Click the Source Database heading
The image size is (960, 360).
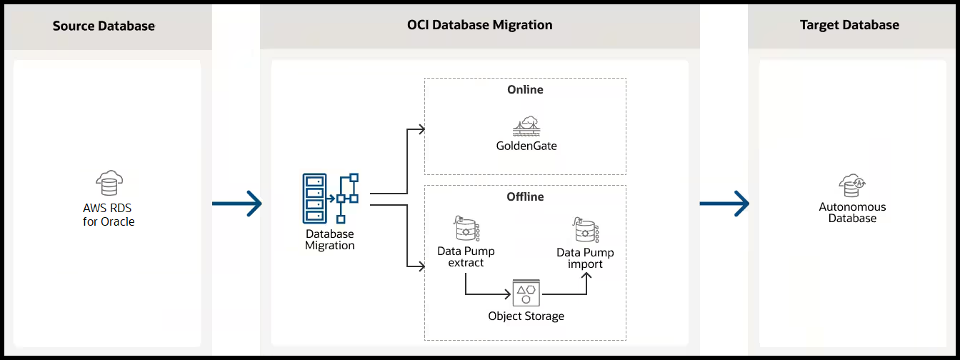[104, 26]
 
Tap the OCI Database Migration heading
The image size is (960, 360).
[479, 25]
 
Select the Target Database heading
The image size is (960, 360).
[849, 25]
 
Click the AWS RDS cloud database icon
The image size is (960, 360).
[109, 184]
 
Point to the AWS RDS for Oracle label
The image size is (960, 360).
[109, 214]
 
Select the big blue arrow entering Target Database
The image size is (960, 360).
[724, 204]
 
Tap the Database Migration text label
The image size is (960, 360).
[330, 239]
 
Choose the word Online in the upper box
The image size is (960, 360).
[525, 90]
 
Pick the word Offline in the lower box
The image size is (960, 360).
[525, 196]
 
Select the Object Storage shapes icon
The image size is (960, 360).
[526, 294]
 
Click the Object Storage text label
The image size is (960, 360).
[526, 316]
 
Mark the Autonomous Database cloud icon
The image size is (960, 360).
[852, 185]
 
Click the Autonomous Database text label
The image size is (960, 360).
[852, 212]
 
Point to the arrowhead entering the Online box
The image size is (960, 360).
[421, 129]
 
